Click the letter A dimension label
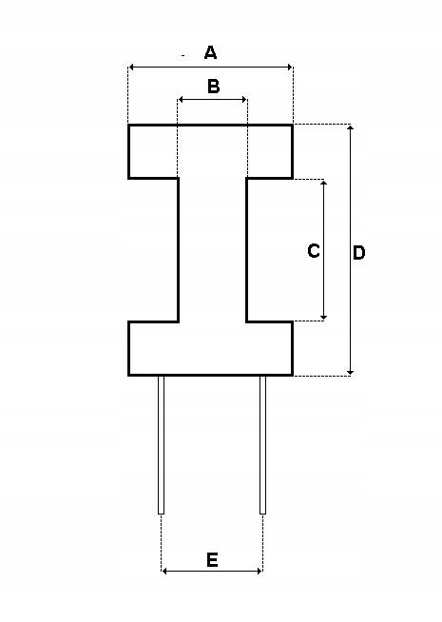click(x=210, y=52)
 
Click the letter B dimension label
click(x=213, y=87)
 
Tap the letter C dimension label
click(x=314, y=251)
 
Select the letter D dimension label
click(x=358, y=253)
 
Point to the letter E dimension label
click(x=212, y=560)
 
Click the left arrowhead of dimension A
click(x=132, y=67)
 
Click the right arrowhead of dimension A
click(x=289, y=67)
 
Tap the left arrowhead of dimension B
click(x=182, y=99)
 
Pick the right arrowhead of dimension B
click(x=243, y=99)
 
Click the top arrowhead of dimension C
click(x=324, y=184)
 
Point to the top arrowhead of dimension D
click(x=351, y=128)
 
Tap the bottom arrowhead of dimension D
click(x=351, y=371)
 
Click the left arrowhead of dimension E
click(x=165, y=571)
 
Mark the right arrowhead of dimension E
click(x=259, y=571)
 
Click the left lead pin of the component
click(x=161, y=445)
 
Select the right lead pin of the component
click(x=262, y=445)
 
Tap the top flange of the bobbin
click(x=210, y=151)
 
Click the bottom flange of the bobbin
click(x=210, y=348)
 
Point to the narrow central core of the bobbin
click(x=213, y=250)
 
